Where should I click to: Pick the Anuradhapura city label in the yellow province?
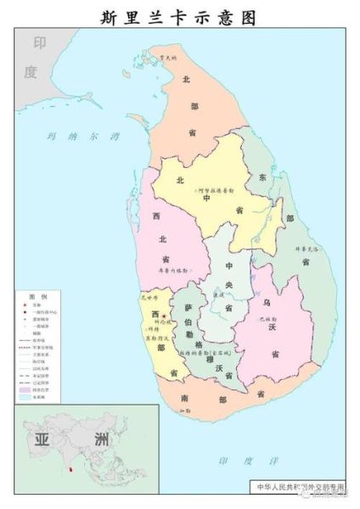[217, 193]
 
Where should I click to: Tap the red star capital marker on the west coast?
[164, 316]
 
